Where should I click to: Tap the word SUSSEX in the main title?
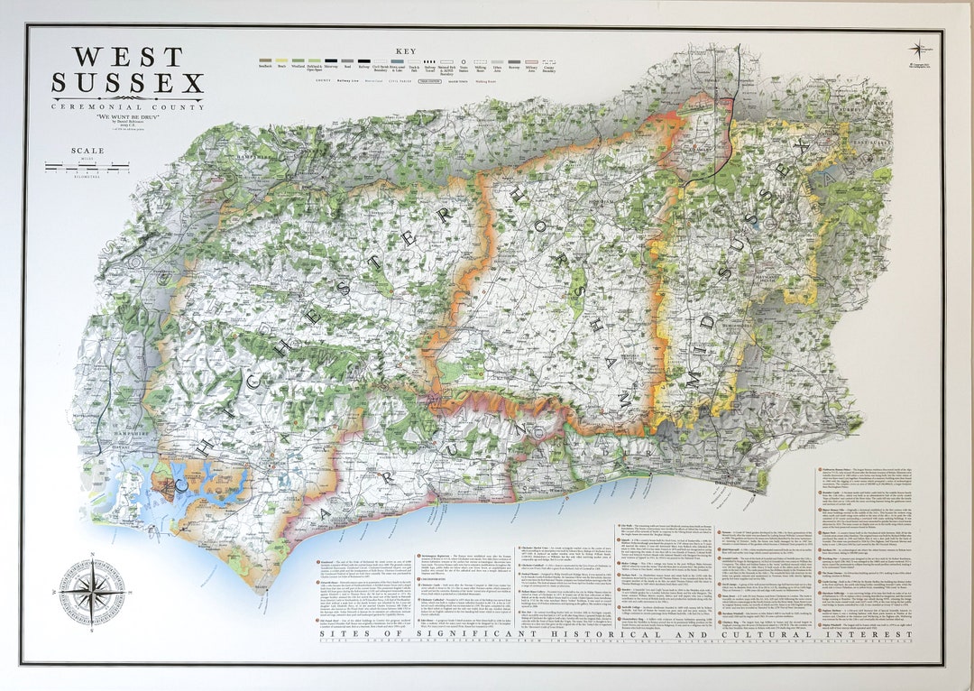point(127,85)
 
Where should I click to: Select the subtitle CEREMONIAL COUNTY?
point(127,107)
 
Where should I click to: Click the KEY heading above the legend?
point(406,51)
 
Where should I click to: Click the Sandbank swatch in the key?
point(265,61)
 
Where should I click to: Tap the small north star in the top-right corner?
point(918,50)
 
